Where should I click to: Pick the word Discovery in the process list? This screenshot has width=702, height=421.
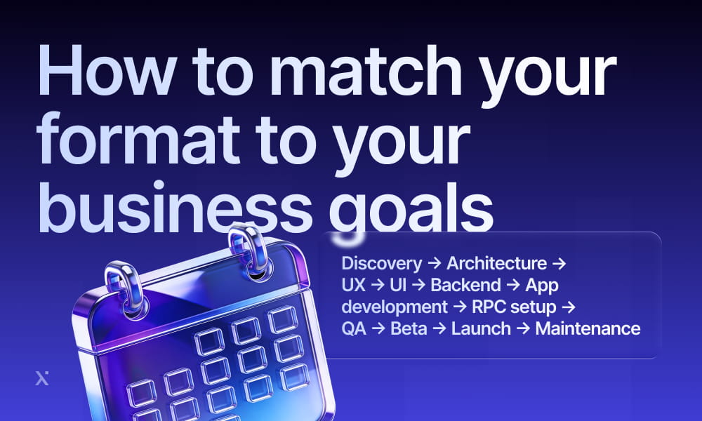pyautogui.click(x=381, y=264)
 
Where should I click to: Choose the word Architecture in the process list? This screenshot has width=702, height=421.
pyautogui.click(x=496, y=264)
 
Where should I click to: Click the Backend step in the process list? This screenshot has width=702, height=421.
pyautogui.click(x=465, y=285)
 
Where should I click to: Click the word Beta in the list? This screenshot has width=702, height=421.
pyautogui.click(x=409, y=328)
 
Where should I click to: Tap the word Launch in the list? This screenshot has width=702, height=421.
pyautogui.click(x=481, y=328)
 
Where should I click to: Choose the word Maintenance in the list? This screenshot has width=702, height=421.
pyautogui.click(x=588, y=328)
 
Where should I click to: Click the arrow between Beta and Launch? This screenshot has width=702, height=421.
pyautogui.click(x=439, y=328)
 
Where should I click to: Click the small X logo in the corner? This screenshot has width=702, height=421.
pyautogui.click(x=41, y=379)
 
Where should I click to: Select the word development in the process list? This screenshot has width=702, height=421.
pyautogui.click(x=394, y=307)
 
